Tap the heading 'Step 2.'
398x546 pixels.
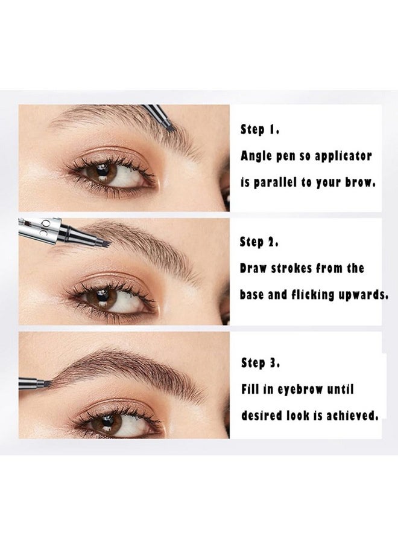pyautogui.click(x=259, y=242)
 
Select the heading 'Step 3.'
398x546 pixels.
pyautogui.click(x=261, y=363)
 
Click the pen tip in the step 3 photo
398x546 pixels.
pyautogui.click(x=45, y=383)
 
